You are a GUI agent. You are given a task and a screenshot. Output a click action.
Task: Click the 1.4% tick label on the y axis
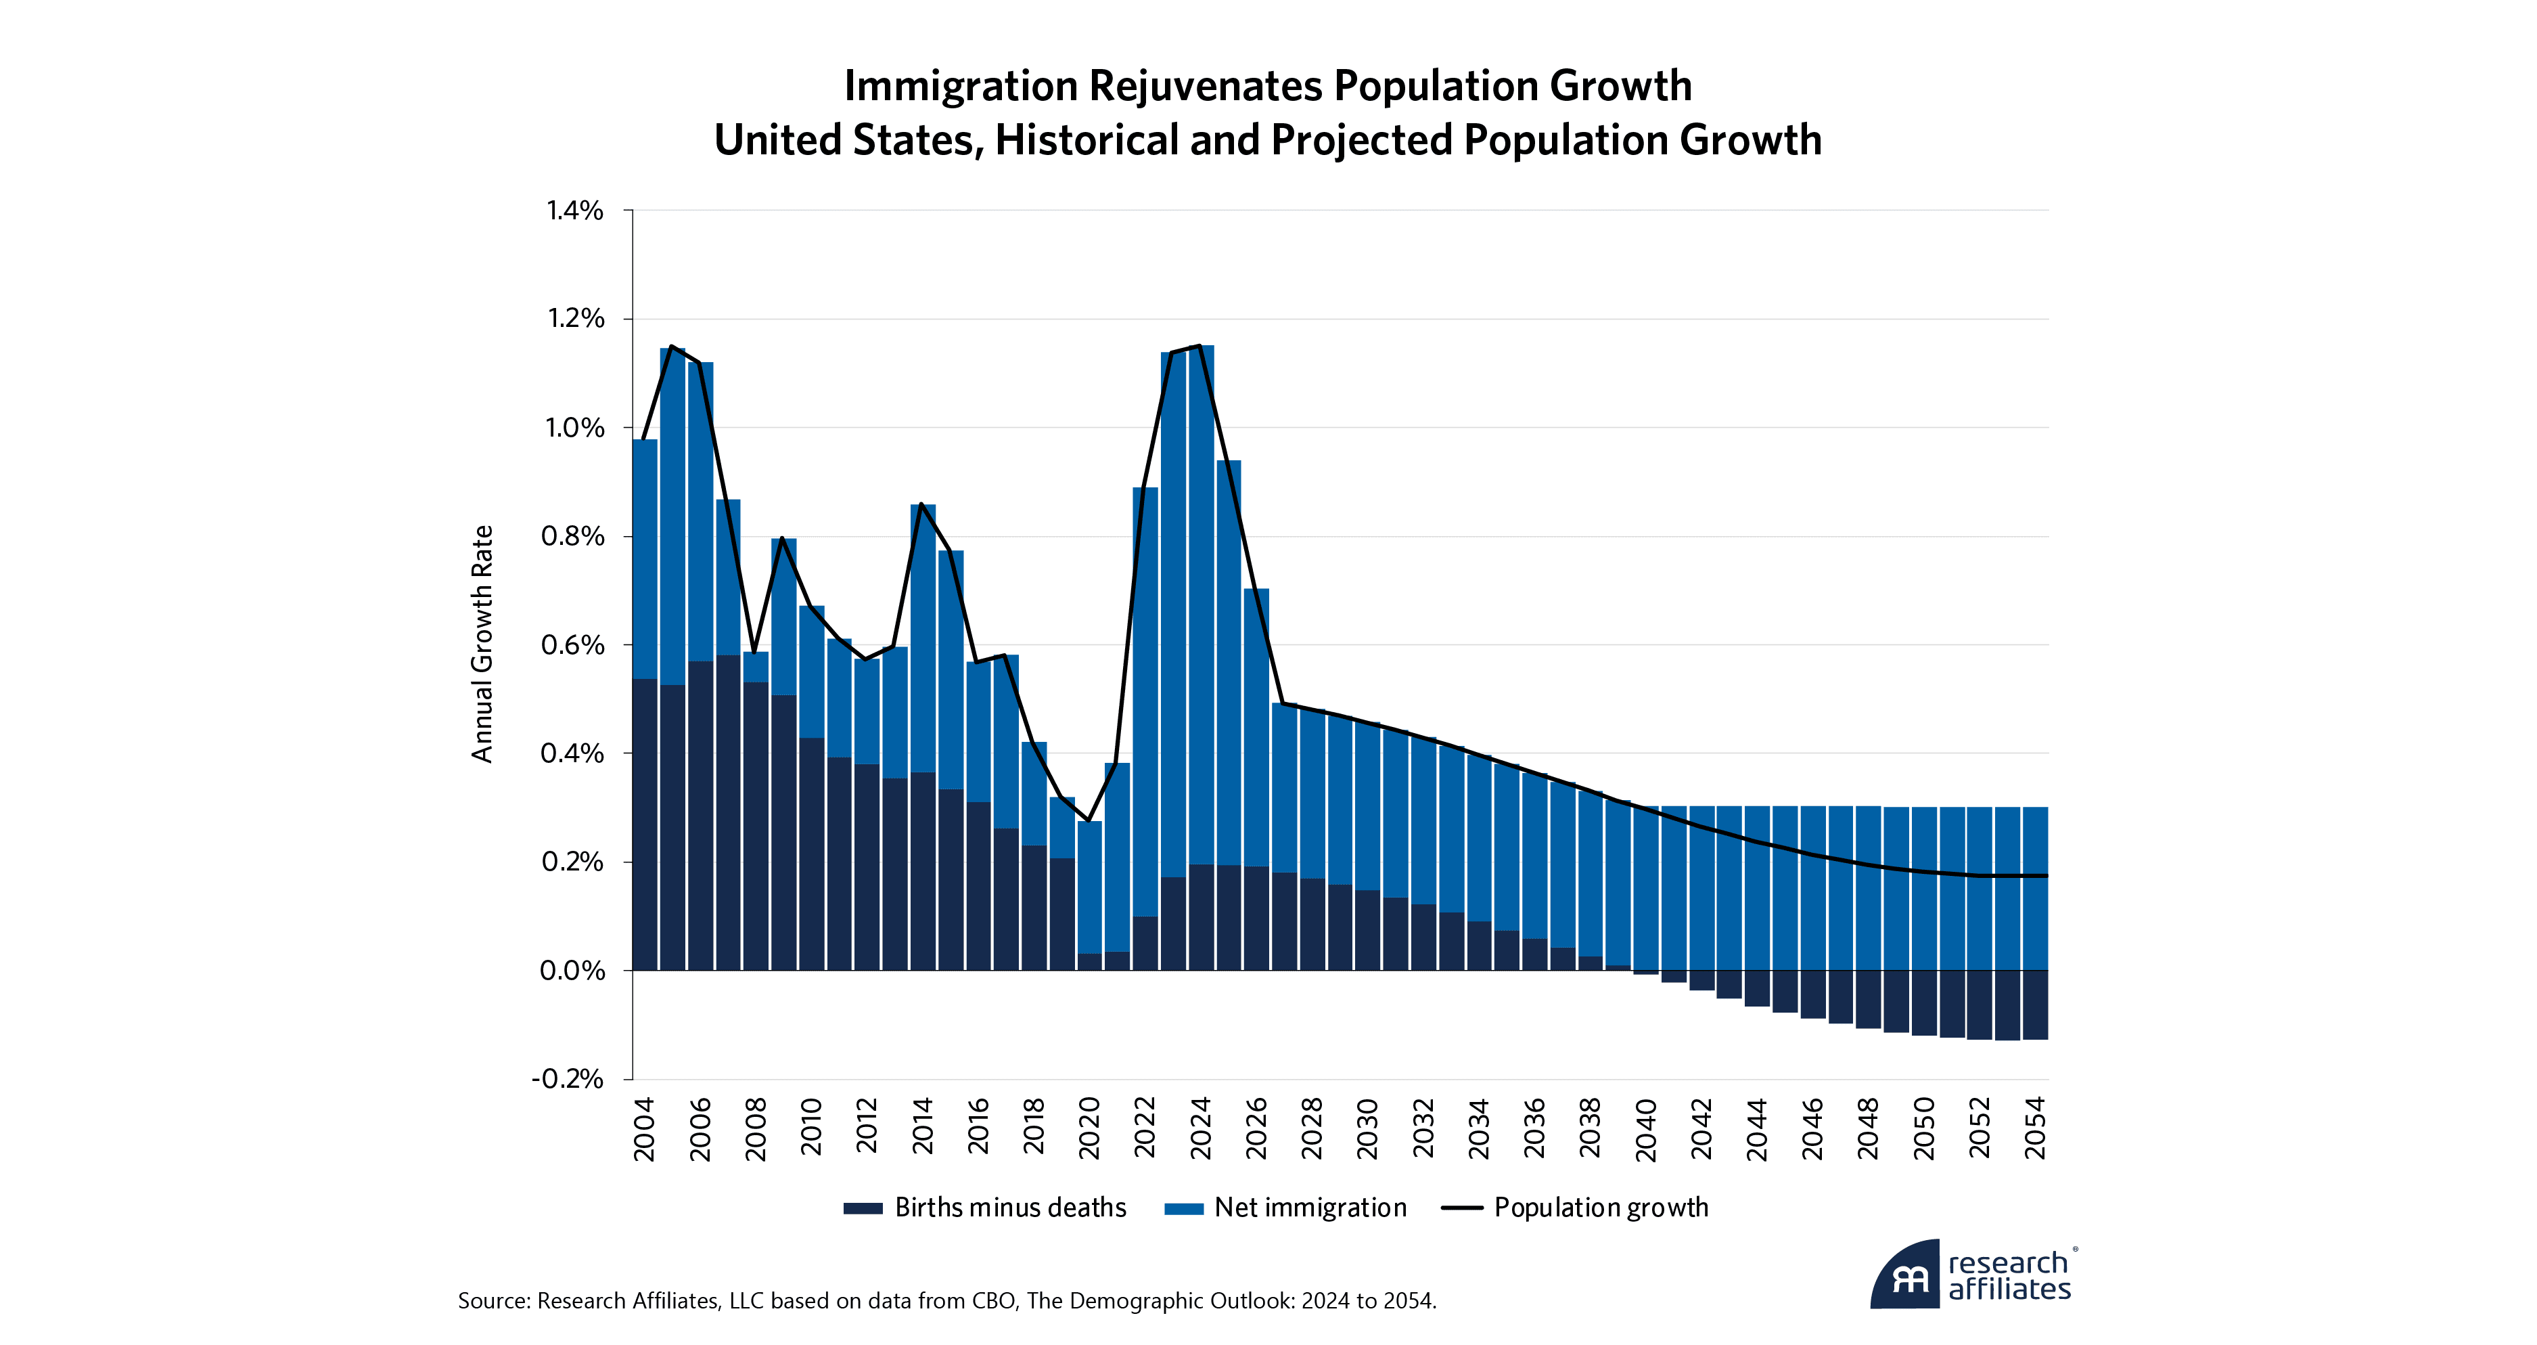575,211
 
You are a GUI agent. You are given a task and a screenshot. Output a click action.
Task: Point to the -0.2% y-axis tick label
568,1079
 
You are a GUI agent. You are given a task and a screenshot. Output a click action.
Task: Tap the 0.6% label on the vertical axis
573,645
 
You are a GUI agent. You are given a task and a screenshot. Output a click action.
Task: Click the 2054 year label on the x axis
2035,1129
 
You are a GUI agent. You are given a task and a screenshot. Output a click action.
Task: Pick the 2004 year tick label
644,1129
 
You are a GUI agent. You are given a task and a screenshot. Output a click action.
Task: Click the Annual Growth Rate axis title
482,644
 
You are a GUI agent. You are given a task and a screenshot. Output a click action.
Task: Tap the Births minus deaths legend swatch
863,1209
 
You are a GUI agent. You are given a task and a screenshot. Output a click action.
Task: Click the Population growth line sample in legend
1461,1209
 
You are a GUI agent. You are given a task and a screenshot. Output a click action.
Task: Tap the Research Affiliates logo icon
1906,1277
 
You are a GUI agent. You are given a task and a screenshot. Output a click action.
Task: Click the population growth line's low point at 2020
1089,820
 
